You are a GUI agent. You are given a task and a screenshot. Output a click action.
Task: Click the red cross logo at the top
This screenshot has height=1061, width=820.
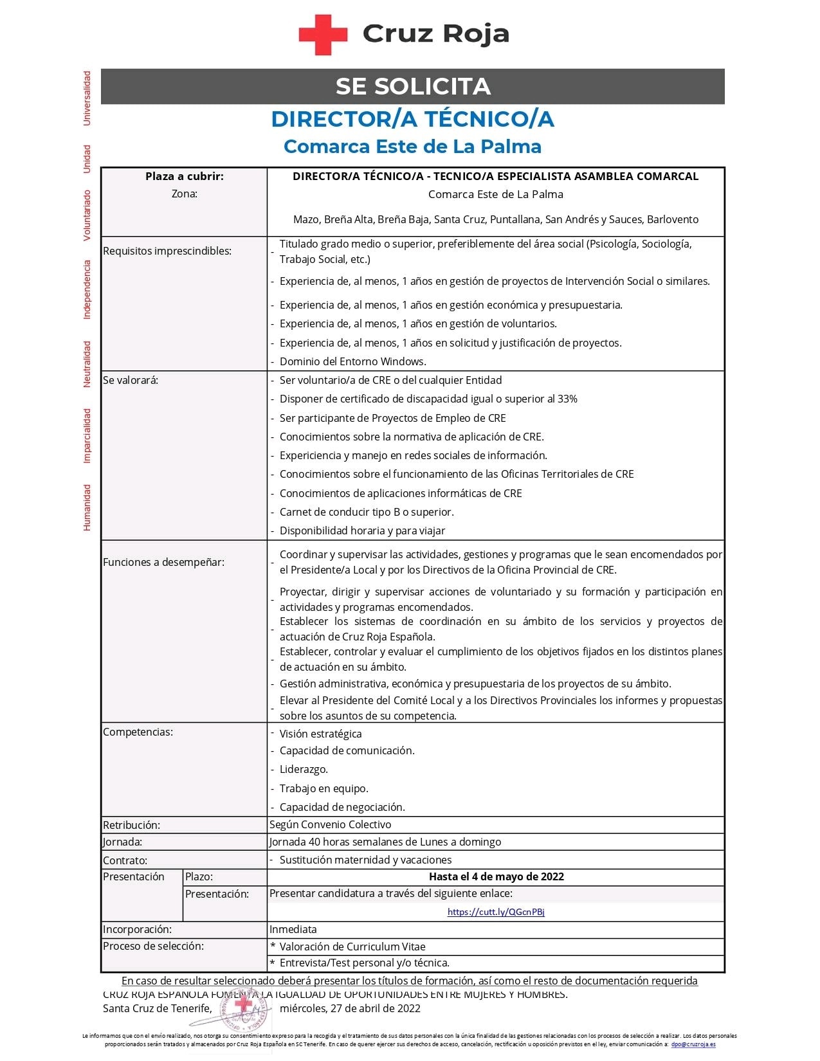pyautogui.click(x=322, y=35)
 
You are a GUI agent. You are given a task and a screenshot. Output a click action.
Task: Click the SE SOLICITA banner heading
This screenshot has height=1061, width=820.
pyautogui.click(x=413, y=86)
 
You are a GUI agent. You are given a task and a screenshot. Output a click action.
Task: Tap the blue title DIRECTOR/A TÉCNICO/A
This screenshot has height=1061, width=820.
pyautogui.click(x=412, y=119)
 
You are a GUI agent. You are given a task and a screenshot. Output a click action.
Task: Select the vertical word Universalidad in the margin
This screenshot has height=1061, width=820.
pyautogui.click(x=87, y=98)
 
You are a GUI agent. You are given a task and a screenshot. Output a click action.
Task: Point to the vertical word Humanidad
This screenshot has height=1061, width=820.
pyautogui.click(x=87, y=507)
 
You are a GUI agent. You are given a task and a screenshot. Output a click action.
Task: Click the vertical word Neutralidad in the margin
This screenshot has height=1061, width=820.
pyautogui.click(x=87, y=364)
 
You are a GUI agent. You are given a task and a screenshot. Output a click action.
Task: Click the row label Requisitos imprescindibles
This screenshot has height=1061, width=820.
pyautogui.click(x=167, y=251)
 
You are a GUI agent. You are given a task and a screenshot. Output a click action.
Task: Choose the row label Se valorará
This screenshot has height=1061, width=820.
pyautogui.click(x=131, y=380)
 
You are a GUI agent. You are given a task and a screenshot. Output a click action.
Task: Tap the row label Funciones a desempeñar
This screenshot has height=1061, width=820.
pyautogui.click(x=163, y=562)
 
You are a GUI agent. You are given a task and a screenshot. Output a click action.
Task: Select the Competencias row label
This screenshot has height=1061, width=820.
pyautogui.click(x=138, y=732)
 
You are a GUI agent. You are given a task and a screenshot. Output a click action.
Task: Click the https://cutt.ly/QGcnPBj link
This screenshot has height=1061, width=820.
pyautogui.click(x=496, y=912)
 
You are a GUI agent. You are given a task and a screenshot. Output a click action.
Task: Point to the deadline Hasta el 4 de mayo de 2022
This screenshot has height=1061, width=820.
pyautogui.click(x=496, y=876)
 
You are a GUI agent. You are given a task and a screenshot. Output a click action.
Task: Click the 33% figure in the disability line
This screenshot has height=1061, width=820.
pyautogui.click(x=567, y=399)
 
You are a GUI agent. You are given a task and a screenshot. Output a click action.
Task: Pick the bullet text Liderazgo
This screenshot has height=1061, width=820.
pyautogui.click(x=304, y=769)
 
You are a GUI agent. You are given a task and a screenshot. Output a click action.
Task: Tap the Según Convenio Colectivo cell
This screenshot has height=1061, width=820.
pyautogui.click(x=330, y=824)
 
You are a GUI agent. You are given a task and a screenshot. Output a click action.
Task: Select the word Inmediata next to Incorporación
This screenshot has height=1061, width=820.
pyautogui.click(x=293, y=929)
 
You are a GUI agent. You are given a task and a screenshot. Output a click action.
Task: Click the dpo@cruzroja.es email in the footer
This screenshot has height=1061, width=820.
pyautogui.click(x=693, y=1044)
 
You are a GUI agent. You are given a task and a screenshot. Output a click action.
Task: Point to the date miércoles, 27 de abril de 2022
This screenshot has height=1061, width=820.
pyautogui.click(x=350, y=1008)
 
